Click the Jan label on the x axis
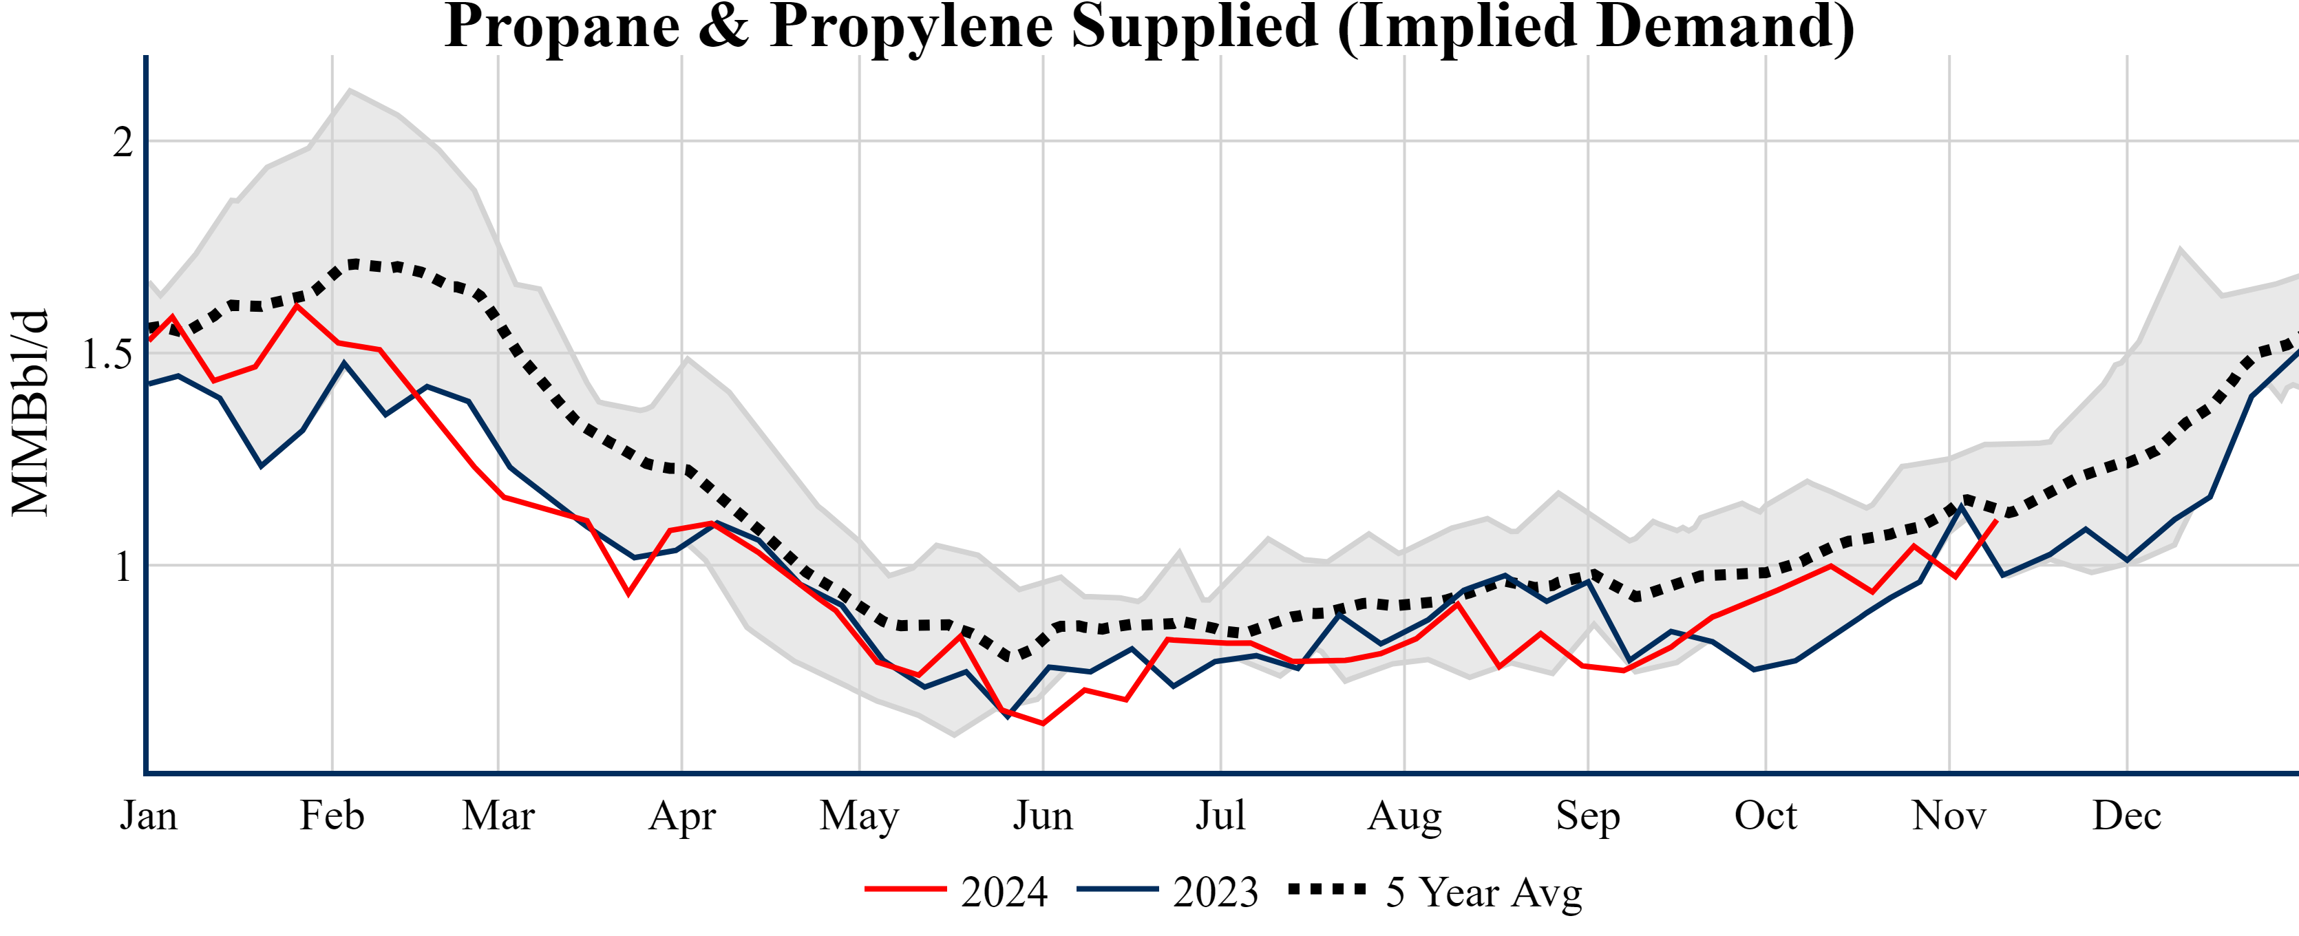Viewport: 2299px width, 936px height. coord(148,816)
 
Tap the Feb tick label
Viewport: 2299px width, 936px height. coord(332,816)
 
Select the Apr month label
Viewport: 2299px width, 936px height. coord(682,816)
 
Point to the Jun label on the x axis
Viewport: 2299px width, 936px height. coord(1042,816)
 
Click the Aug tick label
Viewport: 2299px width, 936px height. coord(1404,816)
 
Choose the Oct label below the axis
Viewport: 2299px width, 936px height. coord(1766,816)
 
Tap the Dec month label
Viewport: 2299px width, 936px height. coord(2127,816)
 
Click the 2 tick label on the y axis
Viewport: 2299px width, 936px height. coord(123,142)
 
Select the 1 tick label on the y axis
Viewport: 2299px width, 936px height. coord(123,566)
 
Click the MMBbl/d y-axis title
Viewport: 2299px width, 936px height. coord(30,412)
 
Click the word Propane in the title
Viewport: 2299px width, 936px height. coord(562,27)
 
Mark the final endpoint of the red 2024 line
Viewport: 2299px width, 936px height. coord(1995,521)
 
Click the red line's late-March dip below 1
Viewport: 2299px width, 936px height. coord(629,593)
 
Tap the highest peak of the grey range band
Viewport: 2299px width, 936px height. coord(350,89)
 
